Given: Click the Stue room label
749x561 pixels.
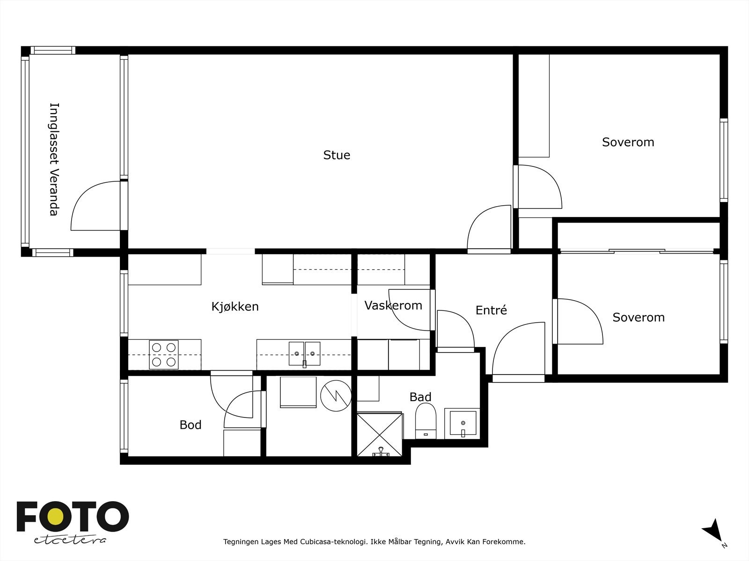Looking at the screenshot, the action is click(x=337, y=155).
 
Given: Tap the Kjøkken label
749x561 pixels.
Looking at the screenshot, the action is click(x=235, y=307).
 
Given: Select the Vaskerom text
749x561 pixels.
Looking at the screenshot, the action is click(x=393, y=305).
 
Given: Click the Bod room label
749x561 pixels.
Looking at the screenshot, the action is click(x=191, y=425).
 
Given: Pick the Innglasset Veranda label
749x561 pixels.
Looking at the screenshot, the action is click(x=54, y=159).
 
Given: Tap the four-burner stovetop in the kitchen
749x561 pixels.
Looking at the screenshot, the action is click(x=164, y=354).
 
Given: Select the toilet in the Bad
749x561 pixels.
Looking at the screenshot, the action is click(x=426, y=421).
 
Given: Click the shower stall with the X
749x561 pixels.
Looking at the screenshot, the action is click(x=380, y=434).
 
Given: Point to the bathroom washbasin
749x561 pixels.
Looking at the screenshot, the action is click(x=463, y=423).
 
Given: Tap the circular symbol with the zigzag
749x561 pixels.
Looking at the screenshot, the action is click(x=336, y=396).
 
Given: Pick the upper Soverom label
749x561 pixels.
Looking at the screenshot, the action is click(x=628, y=142).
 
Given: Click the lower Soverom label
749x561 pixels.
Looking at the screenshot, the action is click(x=639, y=317).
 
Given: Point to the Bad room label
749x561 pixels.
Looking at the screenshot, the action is click(x=420, y=397).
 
